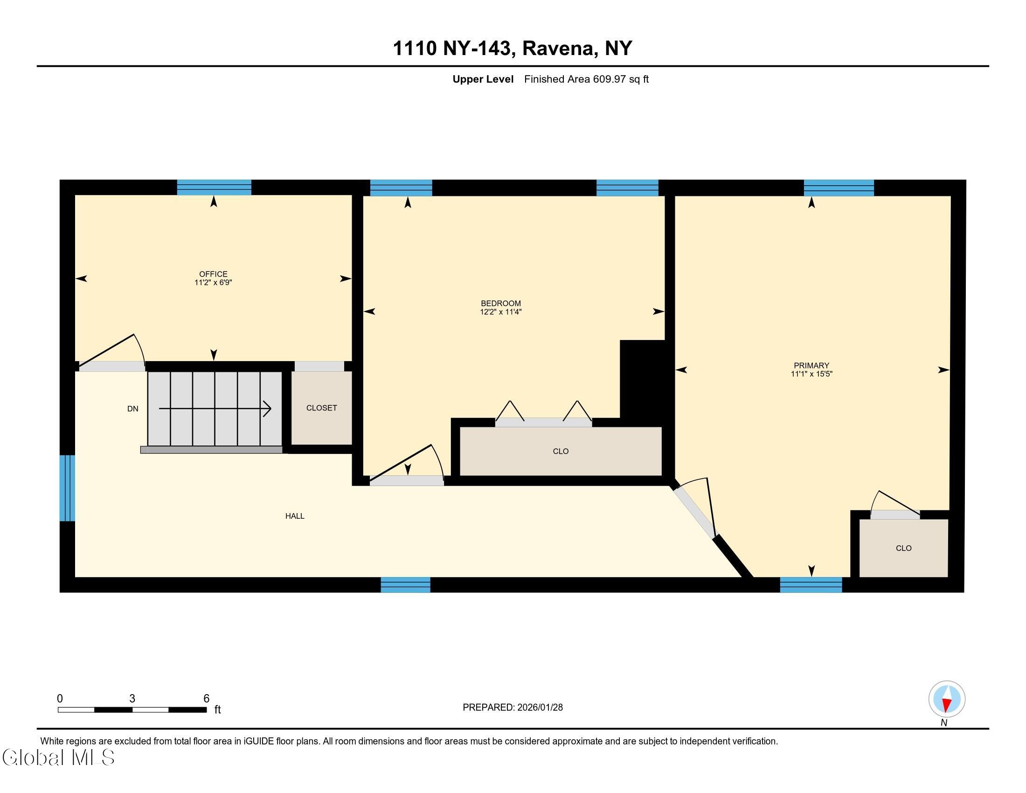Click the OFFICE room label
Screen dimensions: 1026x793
(x=213, y=274)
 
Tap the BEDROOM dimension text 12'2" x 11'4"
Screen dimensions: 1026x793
(x=501, y=312)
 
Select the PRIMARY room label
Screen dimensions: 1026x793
(x=811, y=366)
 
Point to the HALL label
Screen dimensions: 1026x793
(x=295, y=516)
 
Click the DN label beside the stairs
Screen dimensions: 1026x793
(x=132, y=409)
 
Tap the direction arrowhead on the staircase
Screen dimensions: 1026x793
(x=267, y=409)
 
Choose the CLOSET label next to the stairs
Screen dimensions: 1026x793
(x=321, y=408)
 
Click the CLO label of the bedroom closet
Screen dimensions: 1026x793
(x=561, y=451)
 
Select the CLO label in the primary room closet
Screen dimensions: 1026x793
(x=903, y=548)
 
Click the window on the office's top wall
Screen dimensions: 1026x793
(x=214, y=188)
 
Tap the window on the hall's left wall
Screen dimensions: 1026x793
(x=67, y=487)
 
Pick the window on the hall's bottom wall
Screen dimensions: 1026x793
(x=405, y=585)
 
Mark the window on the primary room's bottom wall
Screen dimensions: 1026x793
(x=811, y=585)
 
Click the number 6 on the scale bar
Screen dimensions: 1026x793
(x=206, y=699)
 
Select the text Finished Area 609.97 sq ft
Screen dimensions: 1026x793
(x=586, y=79)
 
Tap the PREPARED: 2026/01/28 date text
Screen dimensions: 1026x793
(x=513, y=708)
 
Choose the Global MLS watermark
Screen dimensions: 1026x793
(x=58, y=757)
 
